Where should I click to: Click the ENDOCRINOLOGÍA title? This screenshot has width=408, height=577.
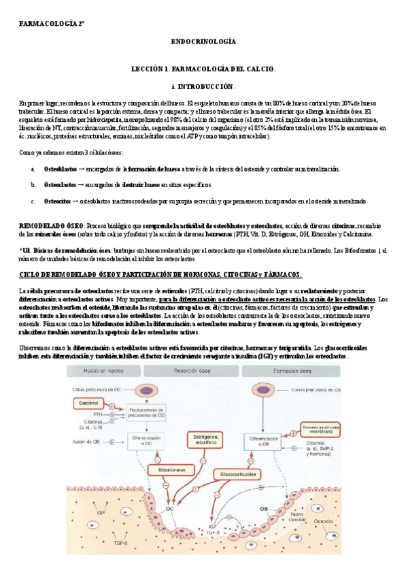click(203, 42)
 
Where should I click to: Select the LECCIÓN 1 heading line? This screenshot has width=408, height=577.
click(203, 69)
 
